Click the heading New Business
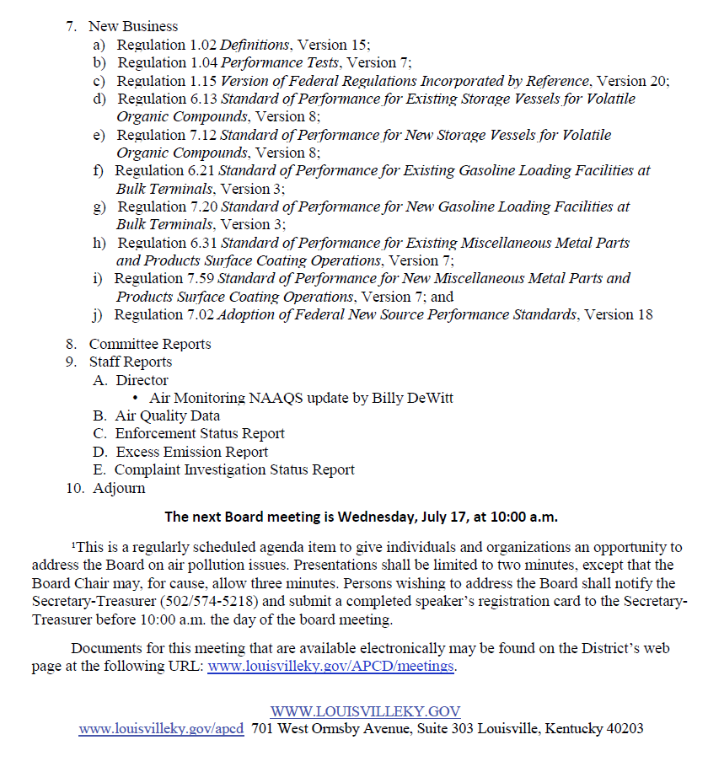click(x=133, y=27)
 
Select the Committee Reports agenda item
click(x=150, y=344)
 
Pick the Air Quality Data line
click(x=168, y=415)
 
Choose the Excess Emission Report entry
click(x=192, y=452)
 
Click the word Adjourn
click(x=119, y=488)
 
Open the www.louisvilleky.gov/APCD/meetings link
click(x=331, y=666)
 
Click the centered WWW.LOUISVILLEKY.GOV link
click(x=365, y=711)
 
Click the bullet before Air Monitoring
click(x=136, y=398)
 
